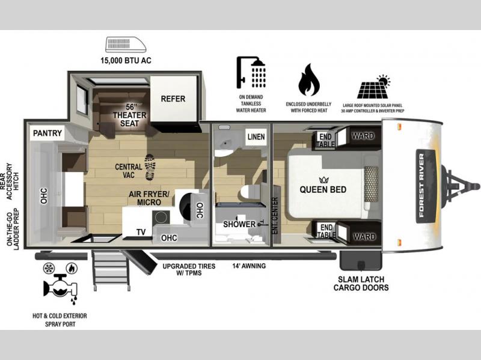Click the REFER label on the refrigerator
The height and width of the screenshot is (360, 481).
[x=173, y=99]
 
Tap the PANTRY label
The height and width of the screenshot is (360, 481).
[x=47, y=133]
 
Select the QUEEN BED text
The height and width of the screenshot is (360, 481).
[x=323, y=189]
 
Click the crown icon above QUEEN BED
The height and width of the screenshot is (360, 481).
[x=323, y=180]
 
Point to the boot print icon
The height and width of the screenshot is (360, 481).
[x=150, y=167]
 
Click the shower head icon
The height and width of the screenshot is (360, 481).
[x=251, y=72]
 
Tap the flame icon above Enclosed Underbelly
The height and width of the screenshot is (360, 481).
[x=309, y=80]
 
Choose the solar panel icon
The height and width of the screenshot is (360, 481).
[x=374, y=87]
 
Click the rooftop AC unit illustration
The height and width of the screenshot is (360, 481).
[x=126, y=44]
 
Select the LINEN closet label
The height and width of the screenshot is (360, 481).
[x=256, y=137]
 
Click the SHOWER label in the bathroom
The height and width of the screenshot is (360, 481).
[x=239, y=224]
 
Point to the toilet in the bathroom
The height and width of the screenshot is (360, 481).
[x=250, y=192]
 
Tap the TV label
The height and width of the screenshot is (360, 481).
[x=141, y=232]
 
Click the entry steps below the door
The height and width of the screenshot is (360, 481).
[x=111, y=270]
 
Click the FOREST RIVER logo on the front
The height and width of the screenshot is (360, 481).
[x=426, y=186]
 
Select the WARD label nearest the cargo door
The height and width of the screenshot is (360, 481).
[x=364, y=237]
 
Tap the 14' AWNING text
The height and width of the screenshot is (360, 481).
[x=249, y=266]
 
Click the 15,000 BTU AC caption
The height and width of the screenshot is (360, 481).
[x=126, y=61]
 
